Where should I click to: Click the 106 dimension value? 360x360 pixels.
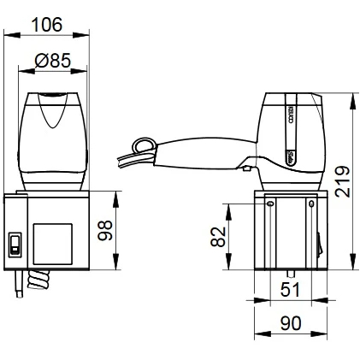coord(47,25)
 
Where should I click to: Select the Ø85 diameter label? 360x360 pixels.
coord(52,61)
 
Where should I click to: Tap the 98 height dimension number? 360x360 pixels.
coord(105,231)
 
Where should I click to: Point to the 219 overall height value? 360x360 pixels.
coord(342,181)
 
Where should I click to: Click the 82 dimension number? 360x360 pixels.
coord(218,237)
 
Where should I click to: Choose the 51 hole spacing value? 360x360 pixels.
coord(290,290)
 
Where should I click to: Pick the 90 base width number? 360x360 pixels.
coord(291,323)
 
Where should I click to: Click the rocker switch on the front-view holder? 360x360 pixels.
coord(15,245)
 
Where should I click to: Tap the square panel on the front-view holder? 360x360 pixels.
coord(52,244)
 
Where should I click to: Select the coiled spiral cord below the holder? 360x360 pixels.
coord(38,280)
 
